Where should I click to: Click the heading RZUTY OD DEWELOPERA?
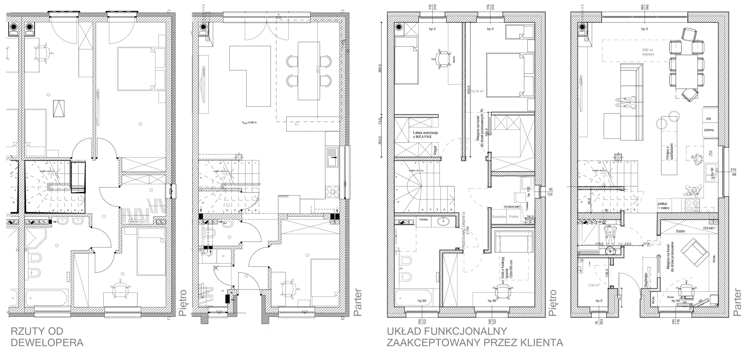click(x=47, y=337)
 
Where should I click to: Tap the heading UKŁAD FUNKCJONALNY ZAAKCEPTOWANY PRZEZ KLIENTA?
click(x=475, y=337)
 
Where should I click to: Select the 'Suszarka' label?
click(x=499, y=217)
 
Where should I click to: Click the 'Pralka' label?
click(x=513, y=217)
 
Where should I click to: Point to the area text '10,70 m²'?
click(x=477, y=91)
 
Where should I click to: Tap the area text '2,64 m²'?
click(x=594, y=285)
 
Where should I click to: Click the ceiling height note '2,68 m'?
click(x=249, y=122)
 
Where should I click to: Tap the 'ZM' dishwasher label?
click(x=710, y=153)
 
